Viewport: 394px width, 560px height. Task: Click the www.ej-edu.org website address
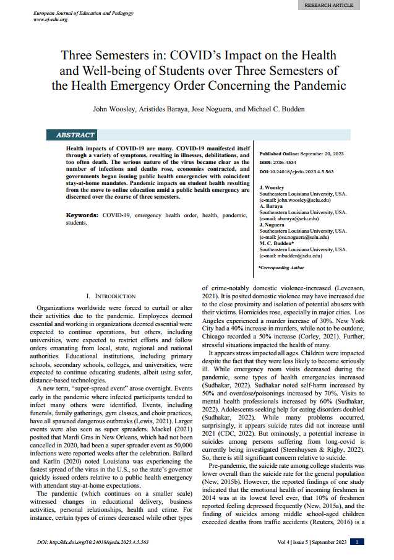51,19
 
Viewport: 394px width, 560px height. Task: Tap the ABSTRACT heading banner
76,135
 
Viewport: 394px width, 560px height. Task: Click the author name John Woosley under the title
113,109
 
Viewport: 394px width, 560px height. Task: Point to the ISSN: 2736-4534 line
278,163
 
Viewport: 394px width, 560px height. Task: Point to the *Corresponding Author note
281,268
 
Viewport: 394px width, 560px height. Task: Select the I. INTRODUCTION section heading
111,296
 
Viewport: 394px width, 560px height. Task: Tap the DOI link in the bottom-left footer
93,543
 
